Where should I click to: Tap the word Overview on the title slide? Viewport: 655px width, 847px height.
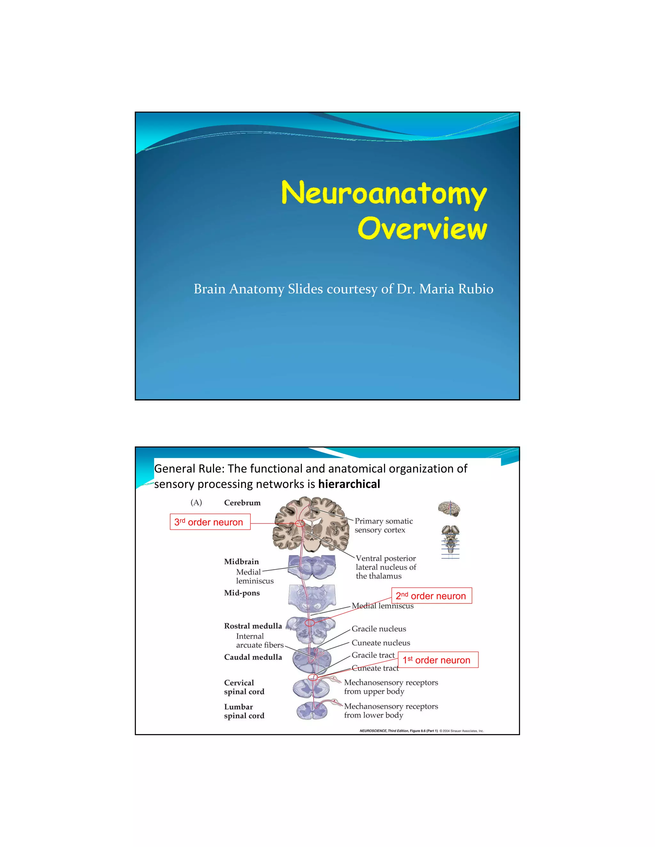click(x=422, y=229)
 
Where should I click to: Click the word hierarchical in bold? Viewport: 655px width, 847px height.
click(x=349, y=484)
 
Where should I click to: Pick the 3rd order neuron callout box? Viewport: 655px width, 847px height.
click(x=210, y=522)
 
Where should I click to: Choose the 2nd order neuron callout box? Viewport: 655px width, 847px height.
click(x=431, y=596)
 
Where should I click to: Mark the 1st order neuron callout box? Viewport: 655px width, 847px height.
click(x=438, y=660)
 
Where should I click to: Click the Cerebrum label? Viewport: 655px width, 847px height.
click(x=242, y=503)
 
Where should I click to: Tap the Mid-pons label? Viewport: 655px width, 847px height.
click(x=242, y=593)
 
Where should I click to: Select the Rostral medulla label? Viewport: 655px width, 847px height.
click(x=253, y=626)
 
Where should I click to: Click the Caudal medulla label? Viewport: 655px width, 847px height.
click(x=253, y=657)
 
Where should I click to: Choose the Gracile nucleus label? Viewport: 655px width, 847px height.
click(x=379, y=629)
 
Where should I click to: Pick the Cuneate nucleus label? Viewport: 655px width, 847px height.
click(x=381, y=643)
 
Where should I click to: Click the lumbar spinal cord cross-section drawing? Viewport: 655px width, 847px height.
click(x=312, y=710)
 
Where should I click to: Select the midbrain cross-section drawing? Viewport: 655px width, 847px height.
click(x=312, y=567)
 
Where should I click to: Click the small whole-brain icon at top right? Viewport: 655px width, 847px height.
click(x=449, y=509)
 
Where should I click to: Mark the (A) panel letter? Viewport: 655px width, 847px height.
click(x=196, y=503)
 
